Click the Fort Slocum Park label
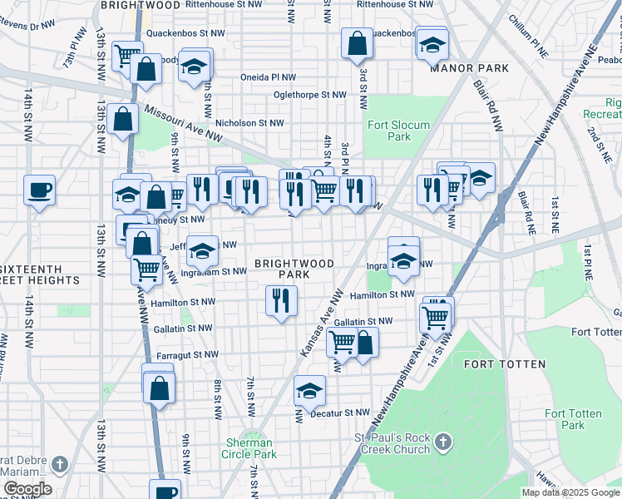pos(389,131)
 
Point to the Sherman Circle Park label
pos(249,448)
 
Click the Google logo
pos(27,489)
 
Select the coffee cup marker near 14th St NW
pos(39,190)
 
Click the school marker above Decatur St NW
pos(309,390)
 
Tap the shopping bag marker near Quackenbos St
pos(356,45)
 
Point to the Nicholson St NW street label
pos(249,123)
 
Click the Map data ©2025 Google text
pos(570,492)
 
